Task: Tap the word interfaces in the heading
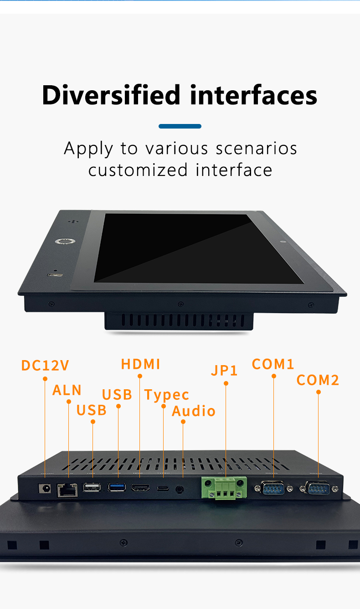coord(254,95)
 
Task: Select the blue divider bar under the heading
coord(180,126)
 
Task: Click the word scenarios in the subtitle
coord(257,149)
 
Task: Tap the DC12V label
coord(45,366)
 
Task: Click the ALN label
coord(67,390)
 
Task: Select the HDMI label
coord(140,364)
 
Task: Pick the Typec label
coord(166,395)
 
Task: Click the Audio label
coord(193,411)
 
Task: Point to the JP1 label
coord(224,370)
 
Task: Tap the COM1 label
coord(273,364)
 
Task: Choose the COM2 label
coord(318,380)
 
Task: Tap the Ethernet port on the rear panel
coord(67,490)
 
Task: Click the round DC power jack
coord(45,488)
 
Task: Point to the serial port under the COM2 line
coord(319,489)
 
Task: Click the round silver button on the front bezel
coord(60,242)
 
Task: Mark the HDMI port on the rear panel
coord(140,488)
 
